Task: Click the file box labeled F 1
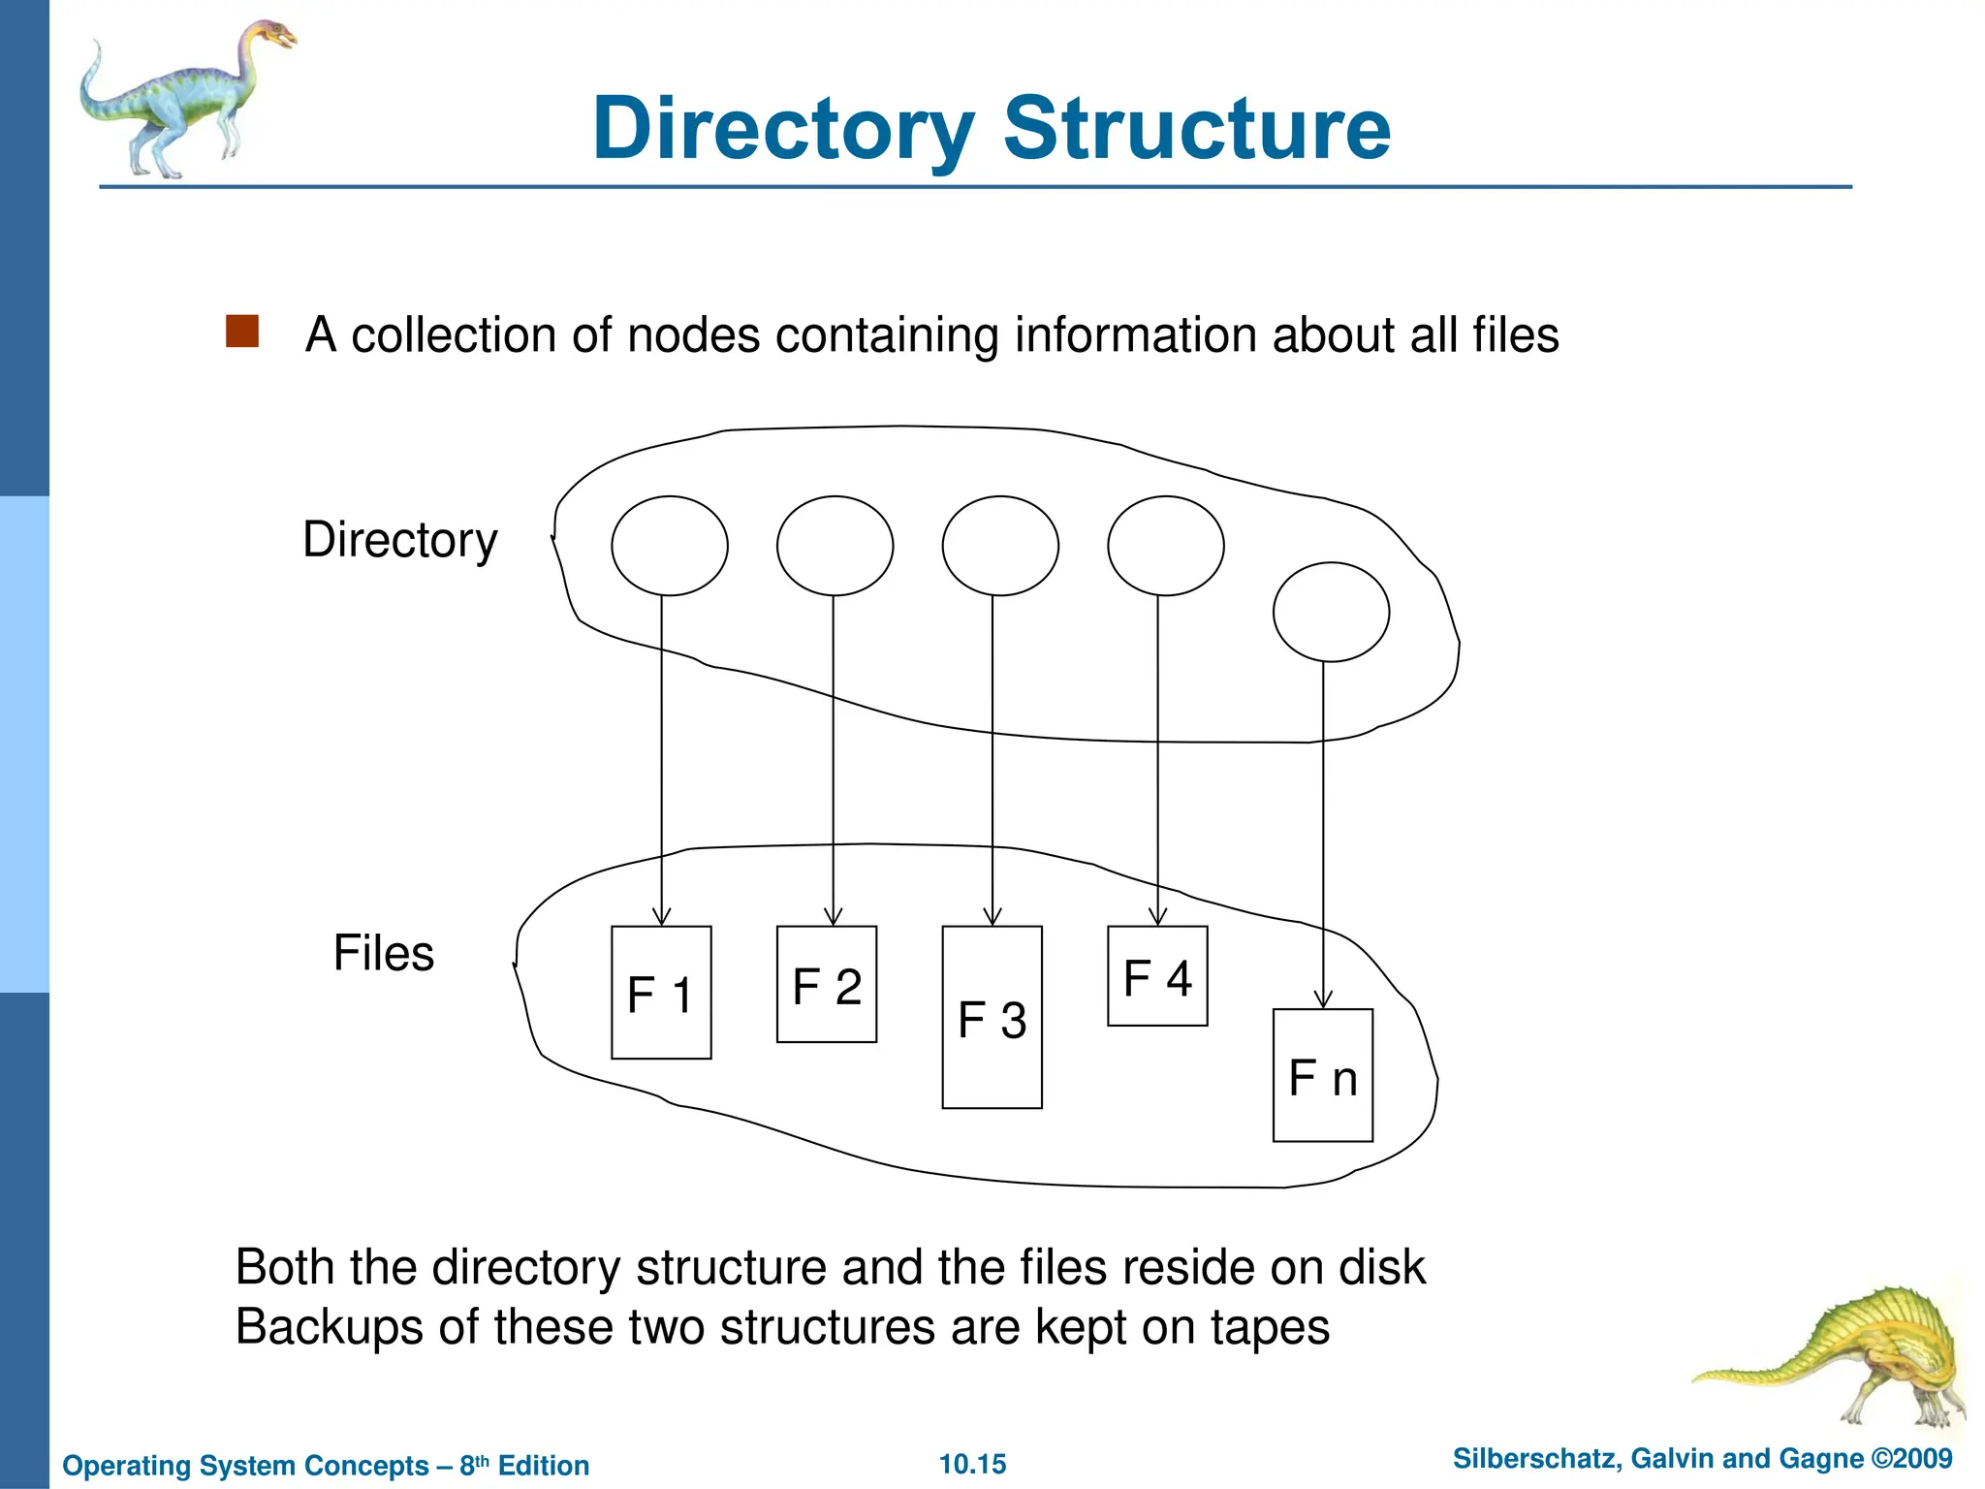[661, 993]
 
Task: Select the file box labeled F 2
[826, 985]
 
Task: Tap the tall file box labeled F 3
[992, 1018]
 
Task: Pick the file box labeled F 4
[1157, 976]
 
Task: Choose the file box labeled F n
[1322, 1076]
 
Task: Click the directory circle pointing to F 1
[669, 546]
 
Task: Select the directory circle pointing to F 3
[999, 546]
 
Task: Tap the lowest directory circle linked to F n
[1330, 612]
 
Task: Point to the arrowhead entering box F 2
[833, 917]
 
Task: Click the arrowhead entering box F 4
[1157, 917]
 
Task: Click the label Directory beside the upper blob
[399, 540]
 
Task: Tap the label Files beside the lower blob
[383, 953]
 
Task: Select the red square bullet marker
[241, 332]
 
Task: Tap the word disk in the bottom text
[1381, 1267]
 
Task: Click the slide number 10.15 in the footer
[972, 1464]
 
